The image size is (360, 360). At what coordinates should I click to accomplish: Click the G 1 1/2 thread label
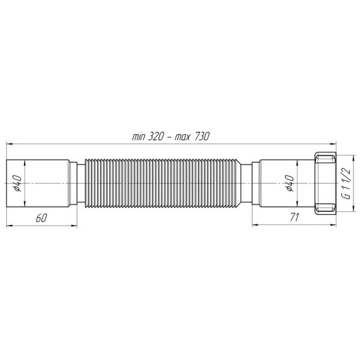click(x=346, y=184)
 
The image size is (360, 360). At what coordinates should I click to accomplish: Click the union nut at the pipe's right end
click(x=325, y=184)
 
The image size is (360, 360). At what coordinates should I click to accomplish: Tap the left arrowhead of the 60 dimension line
click(x=9, y=225)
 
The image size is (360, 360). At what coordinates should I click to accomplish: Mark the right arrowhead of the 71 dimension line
click(x=335, y=225)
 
